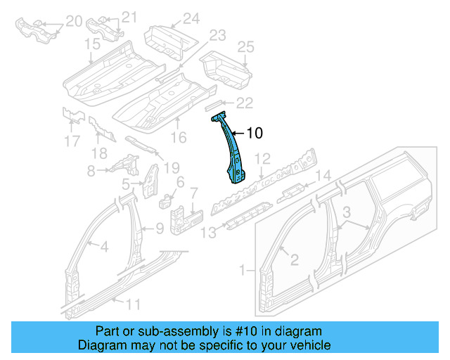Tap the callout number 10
tap(255, 132)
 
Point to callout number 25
tap(245, 47)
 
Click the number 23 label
tap(217, 34)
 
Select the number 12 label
tap(262, 158)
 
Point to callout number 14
tap(322, 176)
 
